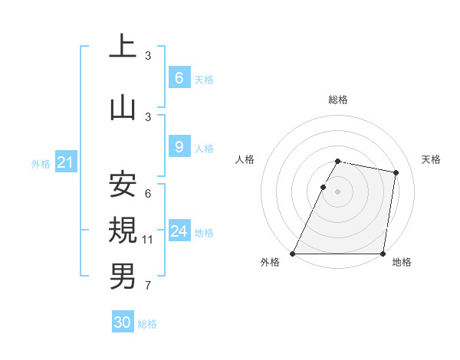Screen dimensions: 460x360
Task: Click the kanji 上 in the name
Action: pos(123,47)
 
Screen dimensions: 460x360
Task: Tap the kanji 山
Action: pos(123,108)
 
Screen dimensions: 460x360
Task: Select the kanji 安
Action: pos(123,185)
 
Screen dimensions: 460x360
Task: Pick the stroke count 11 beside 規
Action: pos(148,240)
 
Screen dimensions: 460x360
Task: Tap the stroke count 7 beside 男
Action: pos(148,286)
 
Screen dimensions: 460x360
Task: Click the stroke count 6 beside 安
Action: pos(148,194)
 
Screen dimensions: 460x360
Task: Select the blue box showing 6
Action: pos(179,77)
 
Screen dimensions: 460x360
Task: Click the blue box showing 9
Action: pos(179,147)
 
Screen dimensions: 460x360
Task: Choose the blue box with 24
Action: pos(179,231)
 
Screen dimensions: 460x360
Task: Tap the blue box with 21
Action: pos(65,162)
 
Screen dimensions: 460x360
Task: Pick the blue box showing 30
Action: pos(123,322)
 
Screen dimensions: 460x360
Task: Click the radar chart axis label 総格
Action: pos(338,100)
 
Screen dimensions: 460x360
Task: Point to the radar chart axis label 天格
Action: pos(431,159)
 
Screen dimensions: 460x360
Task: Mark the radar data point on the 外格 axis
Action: pos(293,254)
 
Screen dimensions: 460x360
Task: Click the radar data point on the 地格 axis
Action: pos(383,254)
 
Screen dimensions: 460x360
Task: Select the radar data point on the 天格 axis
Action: pos(396,173)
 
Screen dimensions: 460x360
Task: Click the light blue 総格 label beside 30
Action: pos(147,324)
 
